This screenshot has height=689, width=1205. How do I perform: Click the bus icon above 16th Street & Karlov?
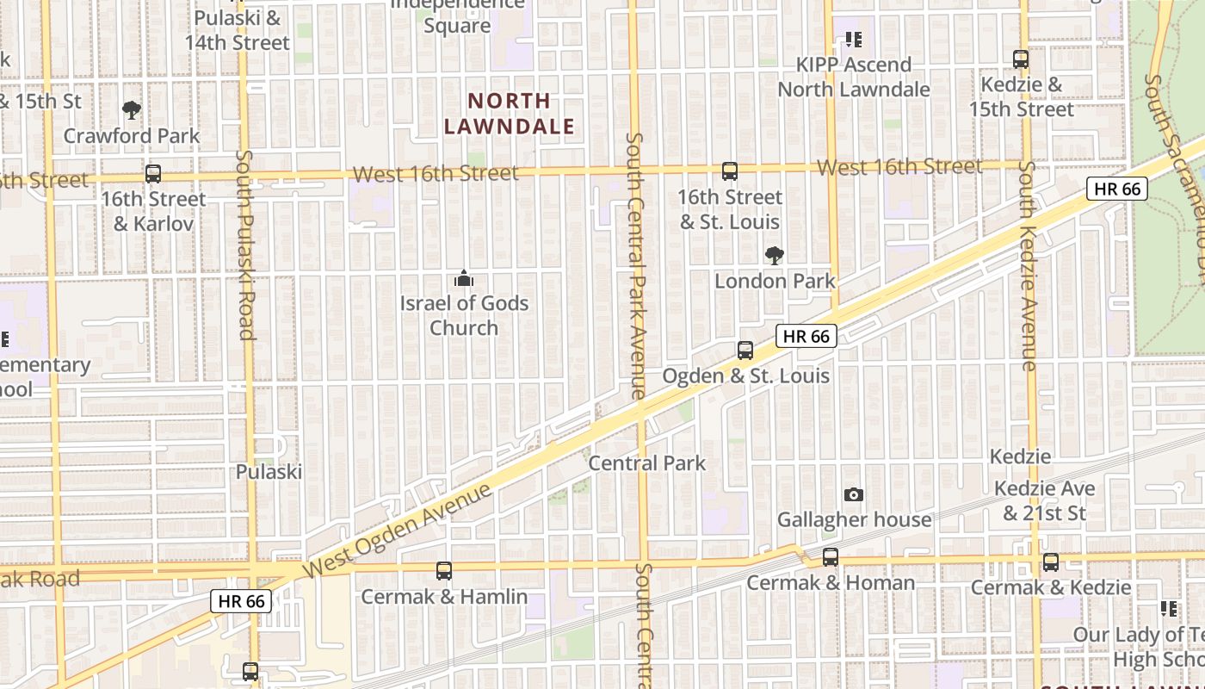coord(153,174)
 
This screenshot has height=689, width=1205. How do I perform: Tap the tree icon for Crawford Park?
coord(132,109)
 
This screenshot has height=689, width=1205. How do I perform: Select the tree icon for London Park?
coord(775,255)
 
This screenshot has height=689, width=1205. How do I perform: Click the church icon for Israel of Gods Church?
coord(464,278)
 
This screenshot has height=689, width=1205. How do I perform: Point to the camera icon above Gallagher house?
coord(854,494)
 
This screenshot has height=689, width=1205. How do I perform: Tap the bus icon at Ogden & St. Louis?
coord(745,351)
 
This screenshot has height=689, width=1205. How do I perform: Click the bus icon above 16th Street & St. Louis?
coord(730,171)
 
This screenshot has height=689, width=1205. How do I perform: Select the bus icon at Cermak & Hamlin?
coord(444,570)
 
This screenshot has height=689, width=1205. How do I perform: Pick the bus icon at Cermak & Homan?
coord(831,557)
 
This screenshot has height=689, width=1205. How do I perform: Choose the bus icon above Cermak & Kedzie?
coord(1051,562)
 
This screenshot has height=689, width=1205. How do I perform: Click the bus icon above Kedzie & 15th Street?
coord(1021,59)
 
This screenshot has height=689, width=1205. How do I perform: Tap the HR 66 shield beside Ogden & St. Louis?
coord(807,336)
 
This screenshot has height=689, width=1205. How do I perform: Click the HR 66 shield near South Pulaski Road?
coord(242,601)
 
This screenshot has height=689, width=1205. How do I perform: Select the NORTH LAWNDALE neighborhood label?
coord(509,114)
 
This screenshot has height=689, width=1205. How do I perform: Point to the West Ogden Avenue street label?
coord(399,531)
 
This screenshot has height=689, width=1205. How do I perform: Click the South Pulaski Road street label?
coord(246,245)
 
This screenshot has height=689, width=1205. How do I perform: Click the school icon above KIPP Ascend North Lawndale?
coord(854,40)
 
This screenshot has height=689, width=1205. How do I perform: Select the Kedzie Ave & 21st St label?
coord(1045,501)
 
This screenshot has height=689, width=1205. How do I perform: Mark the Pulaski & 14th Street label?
coord(237,30)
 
